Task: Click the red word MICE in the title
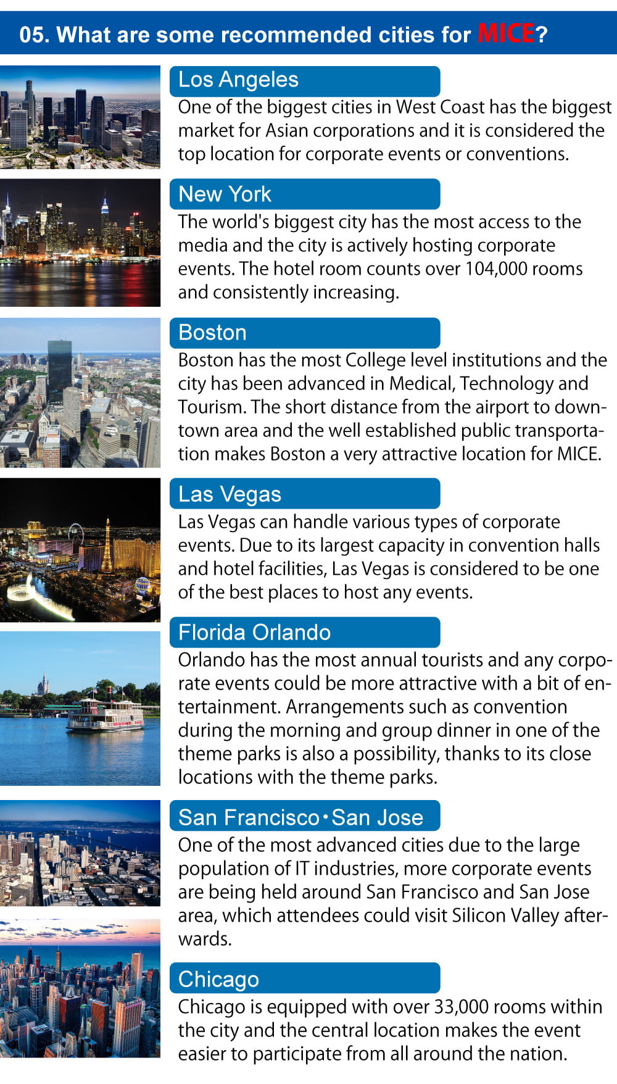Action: pos(506,33)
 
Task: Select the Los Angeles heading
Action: pos(238,80)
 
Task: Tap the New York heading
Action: pos(225,194)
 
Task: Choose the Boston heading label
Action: pos(212,333)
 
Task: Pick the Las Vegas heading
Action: pos(230,494)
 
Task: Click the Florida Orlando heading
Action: pos(254,633)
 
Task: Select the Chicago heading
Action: pos(218,980)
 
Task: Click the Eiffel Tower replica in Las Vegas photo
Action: pos(107,546)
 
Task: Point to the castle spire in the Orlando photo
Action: pos(43,684)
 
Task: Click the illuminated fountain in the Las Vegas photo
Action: pos(37,596)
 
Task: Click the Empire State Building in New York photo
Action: pos(105,213)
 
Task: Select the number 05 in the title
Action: pos(32,35)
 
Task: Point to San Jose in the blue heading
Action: pos(377,818)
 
